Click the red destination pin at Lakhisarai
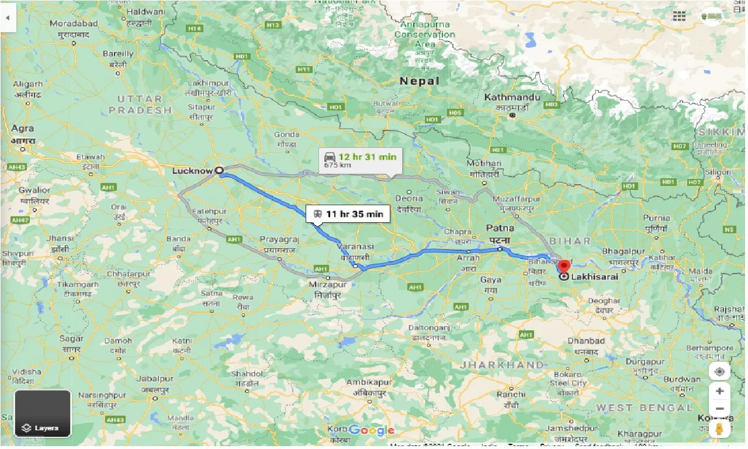[x=564, y=266]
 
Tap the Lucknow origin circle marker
[x=219, y=170]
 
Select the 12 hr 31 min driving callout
[x=358, y=160]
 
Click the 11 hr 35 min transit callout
[x=348, y=215]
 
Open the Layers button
[x=43, y=413]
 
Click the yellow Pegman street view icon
[x=719, y=429]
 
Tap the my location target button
[x=719, y=372]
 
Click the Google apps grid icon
[x=678, y=17]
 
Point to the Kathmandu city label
[x=512, y=97]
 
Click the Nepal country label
[x=419, y=81]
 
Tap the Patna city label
[x=501, y=229]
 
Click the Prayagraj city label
[x=279, y=240]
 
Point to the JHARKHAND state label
[x=501, y=365]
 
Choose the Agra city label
[x=23, y=129]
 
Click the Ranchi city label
[x=511, y=394]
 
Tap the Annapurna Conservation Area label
[x=424, y=34]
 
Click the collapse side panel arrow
[x=8, y=18]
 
